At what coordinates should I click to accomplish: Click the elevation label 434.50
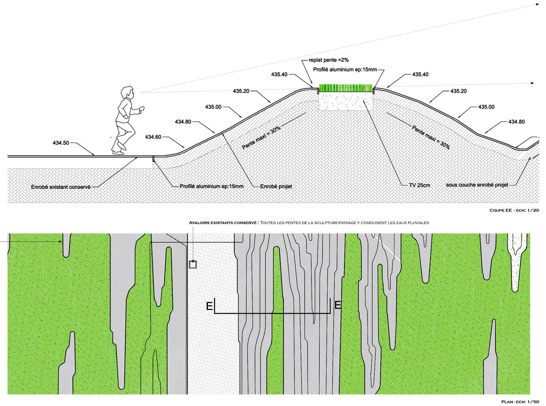[61, 143]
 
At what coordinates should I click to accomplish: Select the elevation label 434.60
[153, 136]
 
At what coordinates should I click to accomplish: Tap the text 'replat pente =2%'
[328, 60]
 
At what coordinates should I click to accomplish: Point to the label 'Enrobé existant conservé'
[61, 187]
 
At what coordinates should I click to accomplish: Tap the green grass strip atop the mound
[345, 88]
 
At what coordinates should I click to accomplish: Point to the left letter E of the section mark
[209, 306]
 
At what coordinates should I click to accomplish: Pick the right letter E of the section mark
[338, 306]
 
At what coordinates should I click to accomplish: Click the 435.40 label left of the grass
[280, 74]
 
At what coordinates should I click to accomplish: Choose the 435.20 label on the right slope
[459, 91]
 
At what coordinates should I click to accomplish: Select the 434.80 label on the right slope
[516, 121]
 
